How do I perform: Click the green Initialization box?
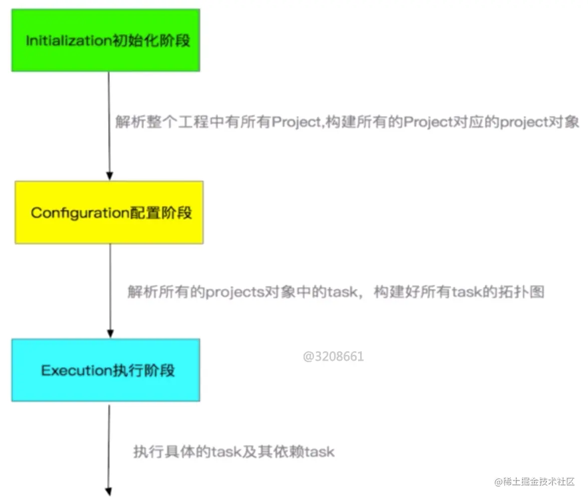[x=106, y=40]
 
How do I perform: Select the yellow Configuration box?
[x=109, y=212]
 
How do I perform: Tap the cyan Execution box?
[x=106, y=370]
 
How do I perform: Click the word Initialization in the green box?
[x=67, y=41]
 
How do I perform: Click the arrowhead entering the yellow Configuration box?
[x=109, y=176]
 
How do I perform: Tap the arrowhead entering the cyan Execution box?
[x=110, y=334]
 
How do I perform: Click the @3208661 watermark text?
[x=333, y=357]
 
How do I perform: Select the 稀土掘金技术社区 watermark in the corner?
[x=534, y=482]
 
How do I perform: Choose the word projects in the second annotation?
[x=235, y=292]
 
